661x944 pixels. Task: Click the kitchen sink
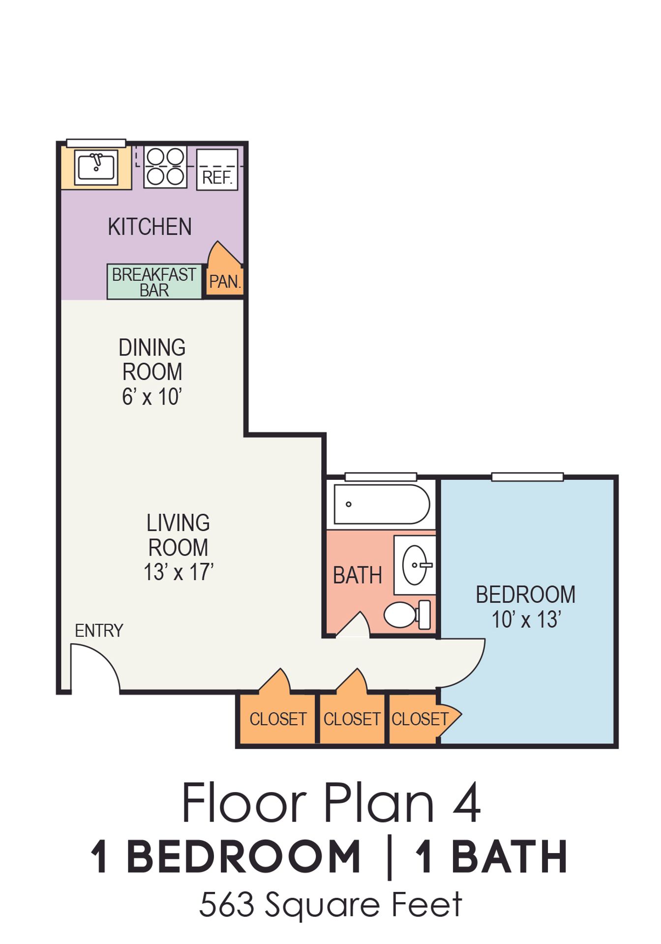click(x=96, y=167)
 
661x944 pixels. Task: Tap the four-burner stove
click(x=165, y=167)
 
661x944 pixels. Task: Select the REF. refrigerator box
click(x=217, y=170)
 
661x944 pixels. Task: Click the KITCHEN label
click(x=150, y=227)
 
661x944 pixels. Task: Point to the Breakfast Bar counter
click(x=154, y=282)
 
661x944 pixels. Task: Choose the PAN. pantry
click(x=225, y=275)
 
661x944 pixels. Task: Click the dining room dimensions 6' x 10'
click(x=152, y=397)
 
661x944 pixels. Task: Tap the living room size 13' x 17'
click(x=179, y=572)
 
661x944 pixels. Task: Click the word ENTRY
click(x=99, y=630)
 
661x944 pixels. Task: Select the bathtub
click(x=382, y=504)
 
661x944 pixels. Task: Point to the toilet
click(x=407, y=615)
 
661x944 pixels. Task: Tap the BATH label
click(x=358, y=575)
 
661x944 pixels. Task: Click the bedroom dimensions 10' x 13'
click(x=526, y=619)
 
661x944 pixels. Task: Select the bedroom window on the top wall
click(x=527, y=476)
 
